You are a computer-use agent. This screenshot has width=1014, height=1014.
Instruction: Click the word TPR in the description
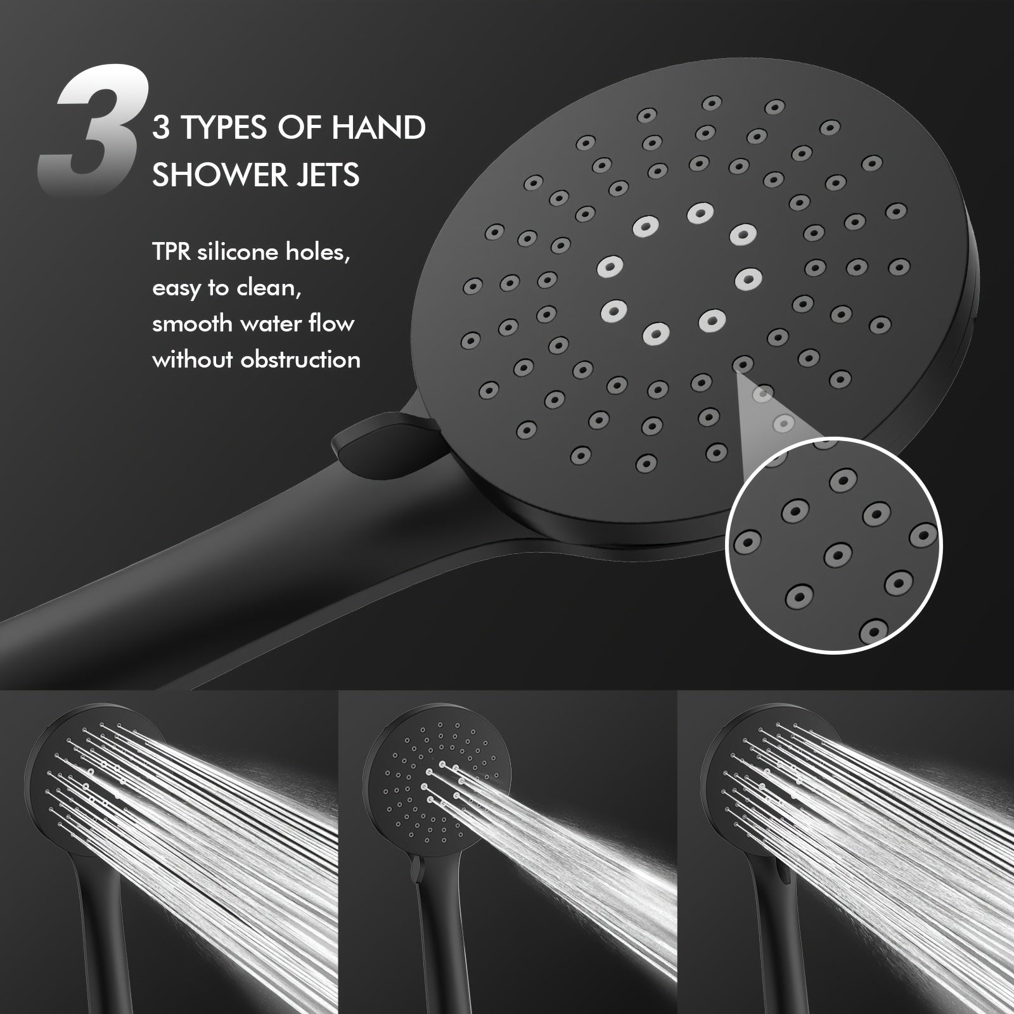tap(172, 252)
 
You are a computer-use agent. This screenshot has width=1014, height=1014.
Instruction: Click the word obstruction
tap(301, 360)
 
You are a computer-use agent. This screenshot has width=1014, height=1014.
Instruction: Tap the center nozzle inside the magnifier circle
tap(838, 555)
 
